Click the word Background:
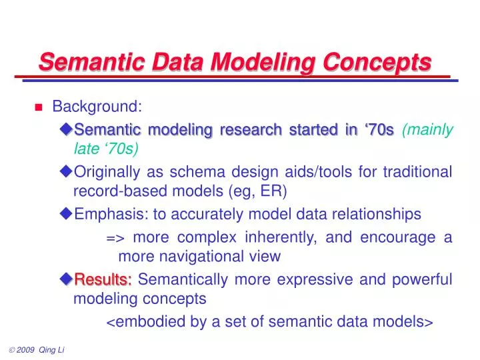[x=97, y=107]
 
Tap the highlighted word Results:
[x=103, y=279]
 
